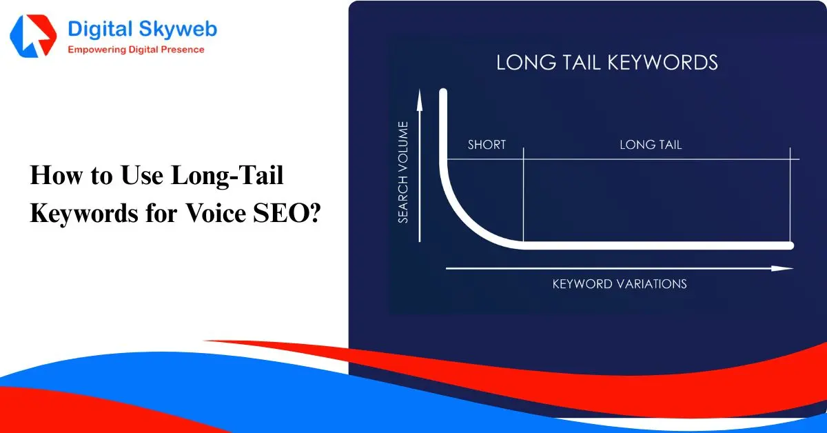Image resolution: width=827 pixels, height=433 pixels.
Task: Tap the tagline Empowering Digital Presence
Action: coord(136,50)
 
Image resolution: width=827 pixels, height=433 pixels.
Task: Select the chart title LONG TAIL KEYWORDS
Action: coord(606,63)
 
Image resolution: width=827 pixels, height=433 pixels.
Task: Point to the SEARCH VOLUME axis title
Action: coord(403,172)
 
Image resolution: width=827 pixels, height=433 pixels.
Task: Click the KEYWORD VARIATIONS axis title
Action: coord(620,284)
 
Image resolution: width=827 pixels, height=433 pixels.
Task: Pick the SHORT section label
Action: coord(487,145)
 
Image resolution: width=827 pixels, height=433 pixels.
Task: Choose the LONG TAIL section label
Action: coord(651,145)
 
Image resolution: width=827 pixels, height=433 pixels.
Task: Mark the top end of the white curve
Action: coord(443,93)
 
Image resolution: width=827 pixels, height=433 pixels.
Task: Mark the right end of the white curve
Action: coord(790,245)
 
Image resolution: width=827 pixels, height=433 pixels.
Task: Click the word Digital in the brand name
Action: coord(100,30)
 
